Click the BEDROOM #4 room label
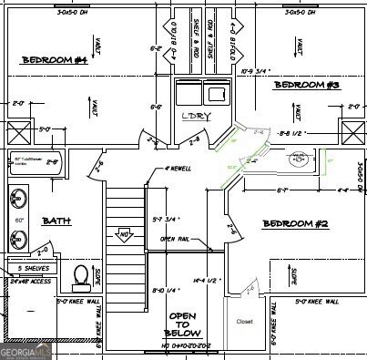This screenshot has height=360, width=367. click(54, 60)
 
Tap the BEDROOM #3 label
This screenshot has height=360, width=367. click(306, 85)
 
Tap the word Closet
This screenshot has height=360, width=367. click(244, 322)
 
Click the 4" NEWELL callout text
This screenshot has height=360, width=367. click(178, 169)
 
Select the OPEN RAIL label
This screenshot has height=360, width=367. click(175, 239)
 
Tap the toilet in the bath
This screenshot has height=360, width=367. click(81, 276)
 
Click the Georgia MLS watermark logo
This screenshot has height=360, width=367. click(26, 349)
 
